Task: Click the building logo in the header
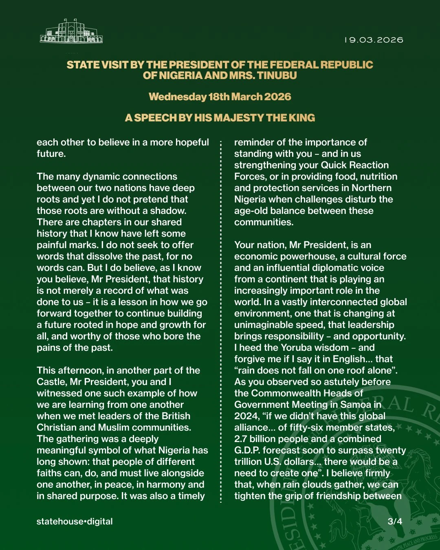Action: [71, 31]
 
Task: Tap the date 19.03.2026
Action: [374, 40]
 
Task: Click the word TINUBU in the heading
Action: [277, 75]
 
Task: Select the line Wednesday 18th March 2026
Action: [220, 97]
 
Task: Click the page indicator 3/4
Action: [395, 521]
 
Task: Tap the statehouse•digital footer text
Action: [75, 521]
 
